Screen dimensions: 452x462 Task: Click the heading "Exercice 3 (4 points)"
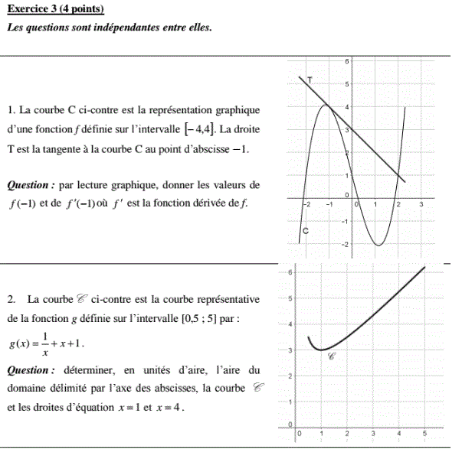[x=54, y=8]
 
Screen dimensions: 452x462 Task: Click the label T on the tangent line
[x=309, y=80]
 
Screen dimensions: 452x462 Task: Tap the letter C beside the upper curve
[x=306, y=230]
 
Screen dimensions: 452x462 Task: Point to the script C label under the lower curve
[x=332, y=356]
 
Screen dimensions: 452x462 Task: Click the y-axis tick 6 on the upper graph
[x=347, y=60]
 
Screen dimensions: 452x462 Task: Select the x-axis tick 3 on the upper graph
[x=421, y=205]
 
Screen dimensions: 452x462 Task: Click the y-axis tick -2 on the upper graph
[x=345, y=244]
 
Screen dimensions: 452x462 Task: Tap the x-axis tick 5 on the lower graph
[x=424, y=434]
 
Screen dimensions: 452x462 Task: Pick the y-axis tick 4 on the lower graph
[x=290, y=324]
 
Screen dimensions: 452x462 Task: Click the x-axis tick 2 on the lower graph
[x=348, y=434]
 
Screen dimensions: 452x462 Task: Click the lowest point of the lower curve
[x=323, y=350]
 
